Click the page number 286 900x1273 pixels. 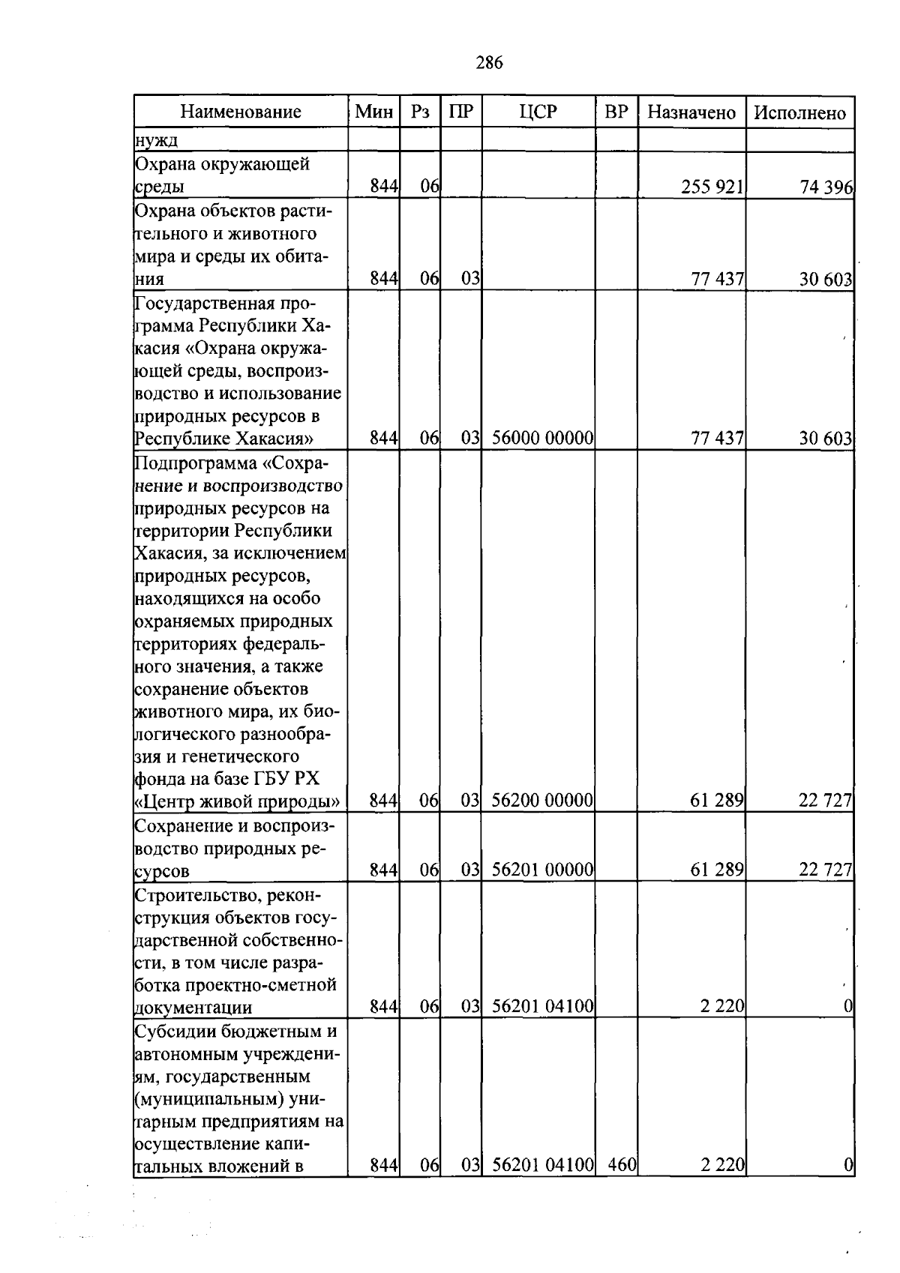coord(489,63)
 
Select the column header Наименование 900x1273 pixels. coord(241,112)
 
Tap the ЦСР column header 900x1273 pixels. coord(538,112)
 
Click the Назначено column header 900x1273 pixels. coord(691,112)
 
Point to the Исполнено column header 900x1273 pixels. coord(799,112)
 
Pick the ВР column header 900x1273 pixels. coord(616,112)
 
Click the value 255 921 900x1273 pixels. coord(712,187)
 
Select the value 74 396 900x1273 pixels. coord(826,188)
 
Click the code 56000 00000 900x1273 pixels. coord(543,439)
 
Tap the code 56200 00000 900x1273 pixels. coord(543,801)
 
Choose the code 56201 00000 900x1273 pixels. coord(543,870)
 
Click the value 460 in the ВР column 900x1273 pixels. coord(622,1165)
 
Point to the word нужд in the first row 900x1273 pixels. coord(156,140)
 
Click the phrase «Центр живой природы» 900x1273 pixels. coord(237,801)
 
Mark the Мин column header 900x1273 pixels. coord(374,112)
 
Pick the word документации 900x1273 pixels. coord(193,1008)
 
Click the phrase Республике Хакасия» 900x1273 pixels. coord(223,439)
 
